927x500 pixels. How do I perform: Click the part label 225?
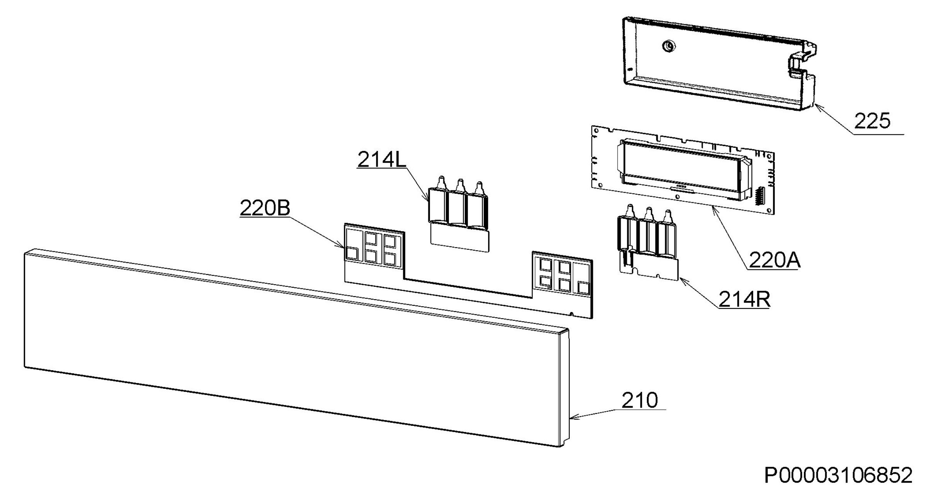872,121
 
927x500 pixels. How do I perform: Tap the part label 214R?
744,299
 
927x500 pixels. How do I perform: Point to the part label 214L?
382,159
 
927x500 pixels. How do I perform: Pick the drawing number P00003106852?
839,475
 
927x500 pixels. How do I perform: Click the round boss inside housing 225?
668,46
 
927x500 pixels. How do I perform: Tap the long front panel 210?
294,347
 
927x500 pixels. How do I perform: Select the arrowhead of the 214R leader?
681,280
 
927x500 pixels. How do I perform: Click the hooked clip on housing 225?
805,62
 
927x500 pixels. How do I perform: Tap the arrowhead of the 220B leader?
341,246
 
